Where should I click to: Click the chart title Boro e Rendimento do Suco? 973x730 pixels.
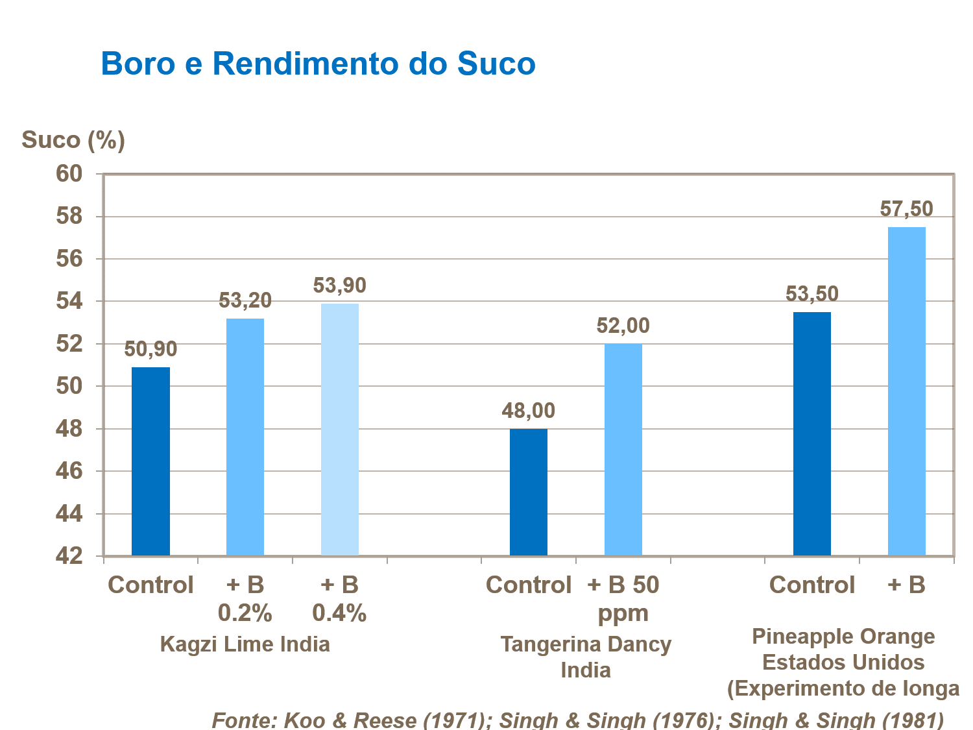(318, 64)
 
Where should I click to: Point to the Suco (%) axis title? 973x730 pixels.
(73, 140)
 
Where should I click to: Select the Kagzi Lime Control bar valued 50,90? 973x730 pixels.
(150, 461)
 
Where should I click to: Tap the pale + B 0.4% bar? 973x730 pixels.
(340, 429)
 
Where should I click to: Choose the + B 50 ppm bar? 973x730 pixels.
(623, 449)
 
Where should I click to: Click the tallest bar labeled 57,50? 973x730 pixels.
(906, 391)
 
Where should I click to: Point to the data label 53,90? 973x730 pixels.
(340, 286)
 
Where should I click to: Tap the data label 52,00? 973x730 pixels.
(623, 326)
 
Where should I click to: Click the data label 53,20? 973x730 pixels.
(245, 300)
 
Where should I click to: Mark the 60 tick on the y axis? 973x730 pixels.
(69, 174)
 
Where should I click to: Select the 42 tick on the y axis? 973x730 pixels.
(69, 556)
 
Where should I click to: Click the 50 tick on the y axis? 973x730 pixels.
(69, 386)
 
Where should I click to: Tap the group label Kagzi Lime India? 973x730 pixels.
(245, 644)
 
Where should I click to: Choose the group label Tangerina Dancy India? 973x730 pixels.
(586, 657)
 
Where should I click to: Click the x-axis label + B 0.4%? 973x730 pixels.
(340, 598)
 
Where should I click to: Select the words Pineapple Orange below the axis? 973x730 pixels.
(843, 637)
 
